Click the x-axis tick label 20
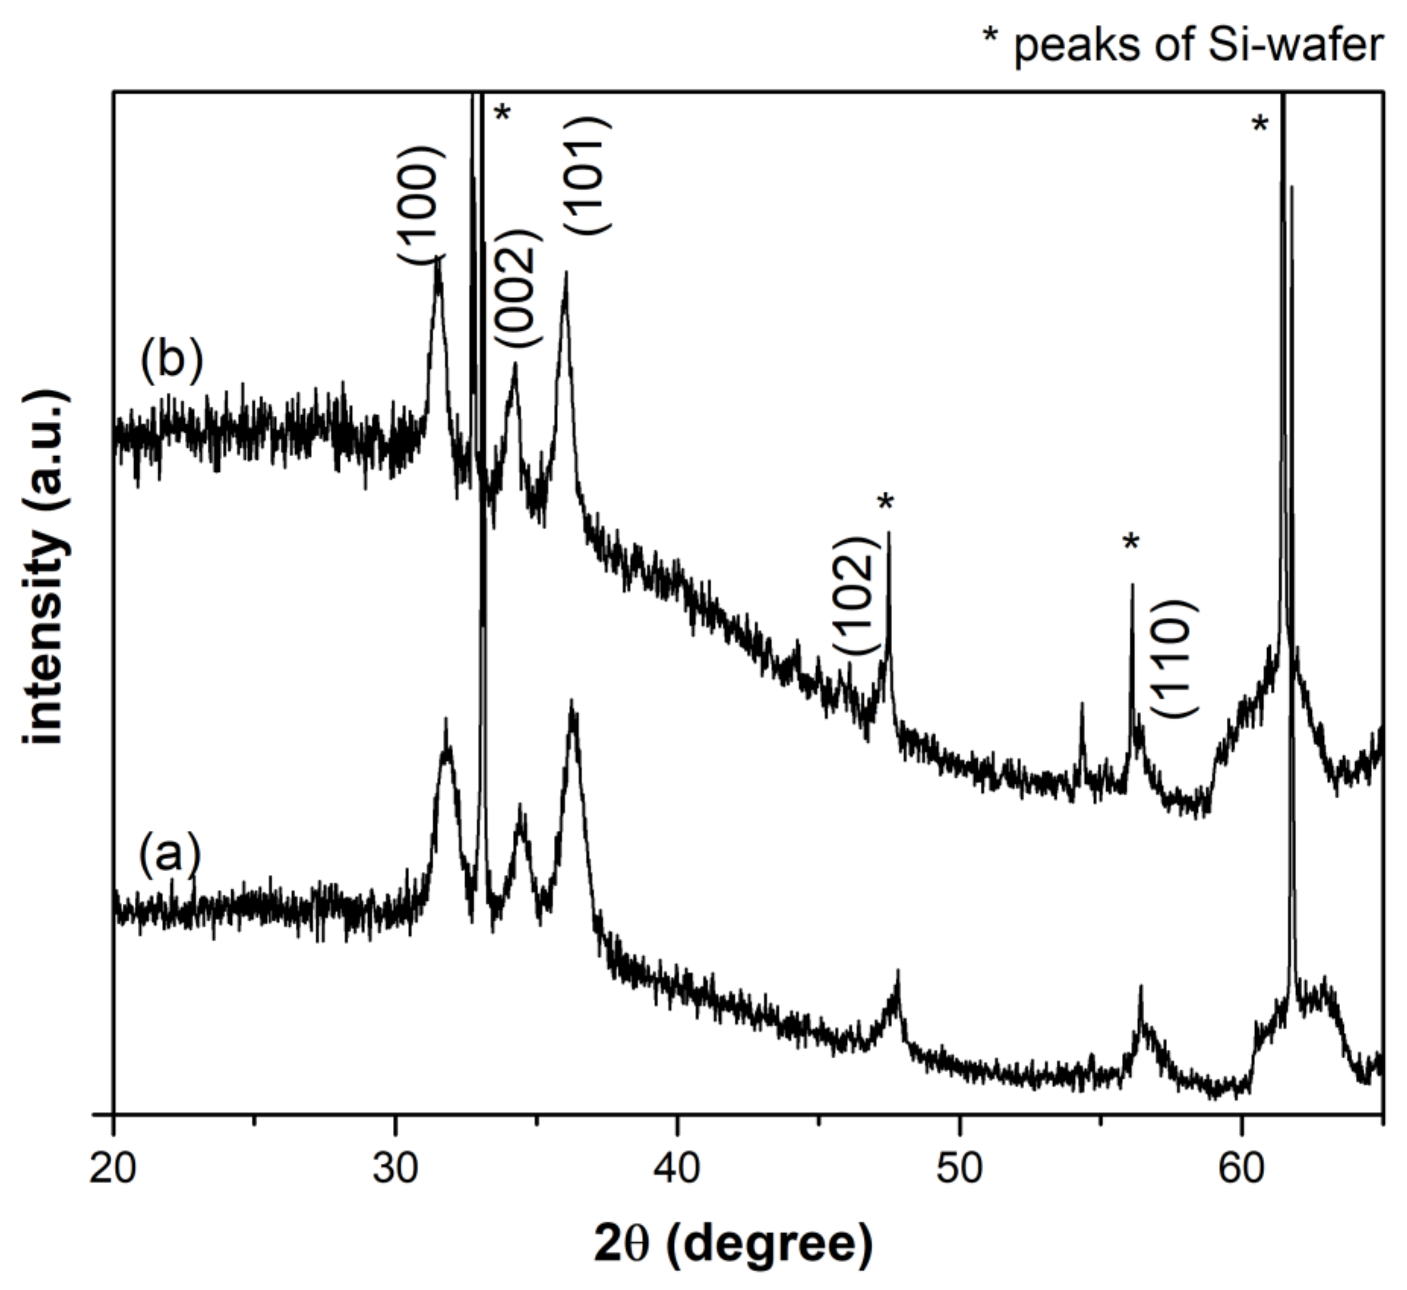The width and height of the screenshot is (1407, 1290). point(112,1169)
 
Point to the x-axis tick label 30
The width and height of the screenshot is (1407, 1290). point(395,1169)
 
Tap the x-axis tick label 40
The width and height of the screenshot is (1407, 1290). point(678,1169)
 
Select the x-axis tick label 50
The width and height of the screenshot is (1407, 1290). point(960,1169)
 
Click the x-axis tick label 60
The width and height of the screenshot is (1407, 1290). point(1242,1169)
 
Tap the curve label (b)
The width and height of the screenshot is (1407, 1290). point(172,361)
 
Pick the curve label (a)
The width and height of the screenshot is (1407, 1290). point(170,854)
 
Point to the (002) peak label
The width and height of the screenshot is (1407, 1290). point(518,288)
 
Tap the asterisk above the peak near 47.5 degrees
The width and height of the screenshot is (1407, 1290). point(886,503)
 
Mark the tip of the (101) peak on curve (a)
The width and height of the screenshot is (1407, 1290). point(572,702)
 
